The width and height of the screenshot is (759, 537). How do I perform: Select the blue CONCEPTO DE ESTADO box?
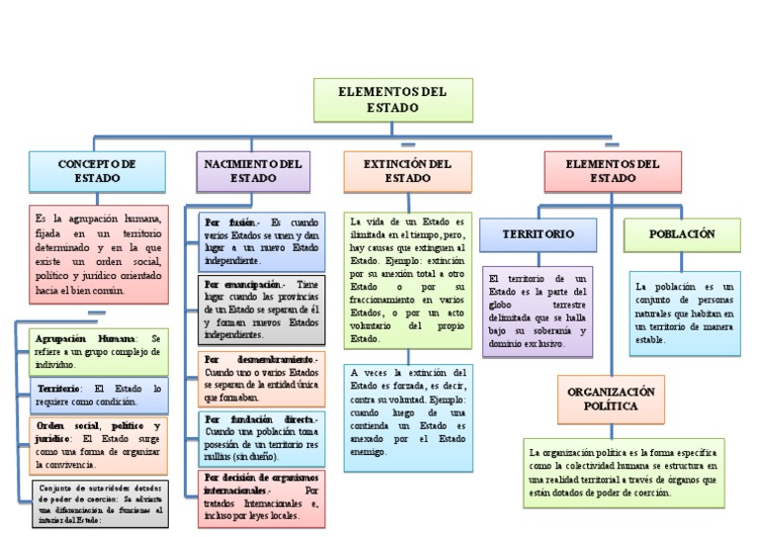97,171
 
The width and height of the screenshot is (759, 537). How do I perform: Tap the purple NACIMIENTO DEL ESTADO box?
253,171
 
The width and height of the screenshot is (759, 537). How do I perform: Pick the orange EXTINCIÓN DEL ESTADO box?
407,171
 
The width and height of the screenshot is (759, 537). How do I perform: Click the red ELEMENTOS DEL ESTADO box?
613,171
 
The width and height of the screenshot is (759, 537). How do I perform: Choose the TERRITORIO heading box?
538,234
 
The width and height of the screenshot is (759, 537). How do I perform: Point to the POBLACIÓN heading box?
682,234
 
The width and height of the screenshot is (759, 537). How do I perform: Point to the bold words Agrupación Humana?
82,338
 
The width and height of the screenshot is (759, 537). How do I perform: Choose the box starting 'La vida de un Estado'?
406,279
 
